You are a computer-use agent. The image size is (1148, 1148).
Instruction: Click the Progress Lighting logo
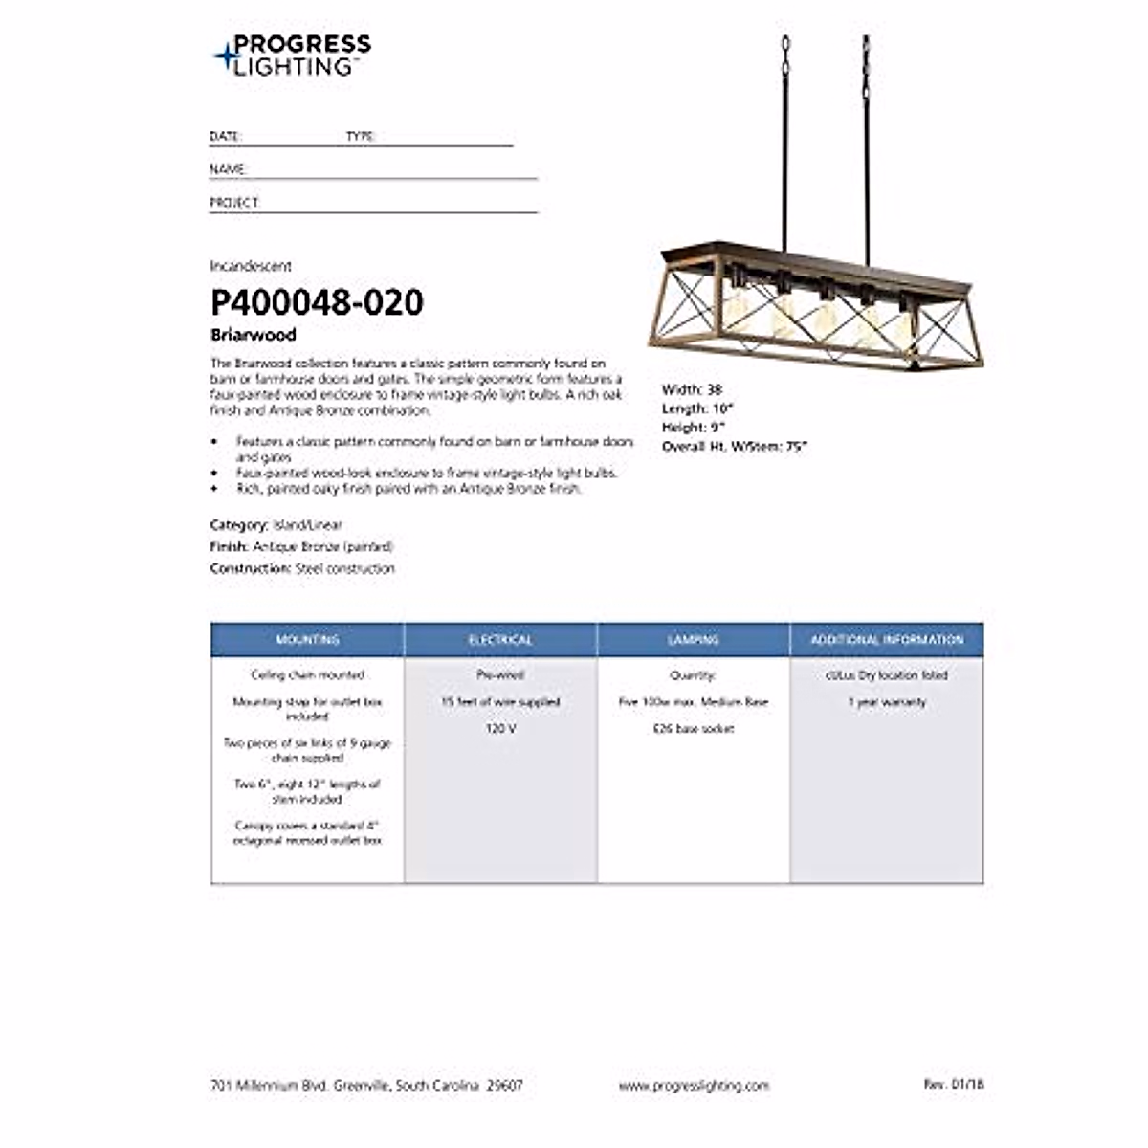(x=292, y=55)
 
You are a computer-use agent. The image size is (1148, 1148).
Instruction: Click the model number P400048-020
(x=317, y=302)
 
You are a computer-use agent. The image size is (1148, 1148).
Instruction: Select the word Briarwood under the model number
(x=253, y=335)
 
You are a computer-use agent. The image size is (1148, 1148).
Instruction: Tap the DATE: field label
(x=225, y=137)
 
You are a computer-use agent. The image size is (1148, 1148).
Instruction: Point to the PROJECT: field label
(x=234, y=203)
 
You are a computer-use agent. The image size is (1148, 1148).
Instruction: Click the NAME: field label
(x=229, y=169)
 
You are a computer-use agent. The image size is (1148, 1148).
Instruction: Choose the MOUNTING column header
(x=307, y=640)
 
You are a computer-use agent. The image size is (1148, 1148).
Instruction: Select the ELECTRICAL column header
(x=500, y=640)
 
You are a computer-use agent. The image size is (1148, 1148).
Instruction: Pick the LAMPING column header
(x=694, y=640)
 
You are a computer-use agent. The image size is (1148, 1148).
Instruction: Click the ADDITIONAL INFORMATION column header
(x=887, y=640)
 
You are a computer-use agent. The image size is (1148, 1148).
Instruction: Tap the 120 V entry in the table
(x=500, y=729)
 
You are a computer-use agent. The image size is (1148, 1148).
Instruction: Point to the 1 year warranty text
(x=887, y=702)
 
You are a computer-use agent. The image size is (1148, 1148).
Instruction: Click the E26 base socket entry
(x=694, y=729)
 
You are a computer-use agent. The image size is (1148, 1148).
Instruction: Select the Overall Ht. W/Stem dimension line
(x=735, y=447)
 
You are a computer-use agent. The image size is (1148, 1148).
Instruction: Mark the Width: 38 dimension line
(x=692, y=389)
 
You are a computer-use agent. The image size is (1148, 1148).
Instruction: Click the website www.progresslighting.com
(x=694, y=1086)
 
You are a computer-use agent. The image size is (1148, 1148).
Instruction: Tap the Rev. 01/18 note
(x=953, y=1084)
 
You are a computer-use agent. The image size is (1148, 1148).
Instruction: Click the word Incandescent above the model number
(x=251, y=266)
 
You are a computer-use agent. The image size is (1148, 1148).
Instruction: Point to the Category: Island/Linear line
(x=276, y=525)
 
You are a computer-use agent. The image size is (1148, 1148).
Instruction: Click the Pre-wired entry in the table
(x=500, y=674)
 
